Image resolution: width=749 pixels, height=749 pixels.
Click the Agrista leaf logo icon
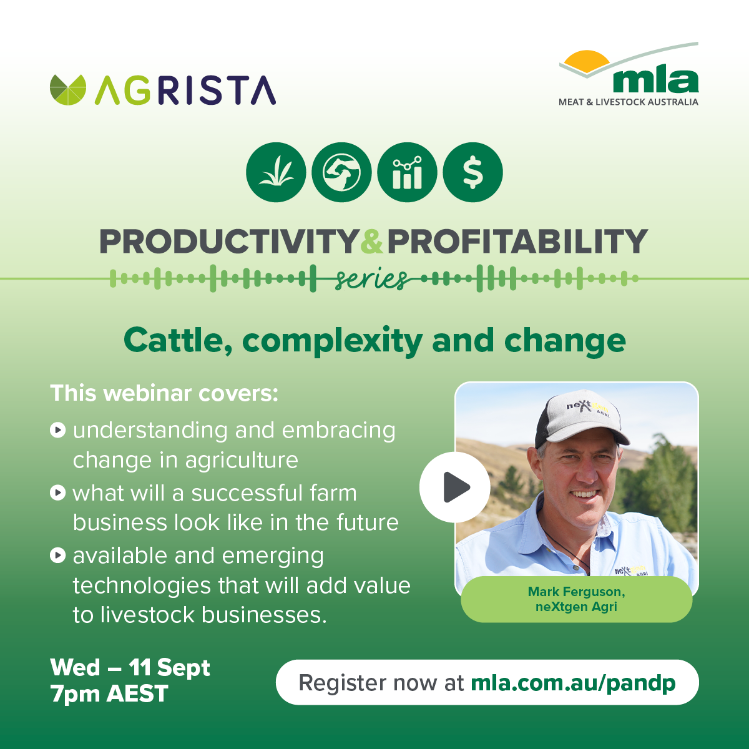pyautogui.click(x=68, y=90)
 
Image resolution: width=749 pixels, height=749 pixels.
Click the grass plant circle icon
pyautogui.click(x=276, y=172)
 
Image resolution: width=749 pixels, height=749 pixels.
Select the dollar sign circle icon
pyautogui.click(x=472, y=172)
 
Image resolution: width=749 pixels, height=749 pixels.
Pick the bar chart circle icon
pyautogui.click(x=407, y=172)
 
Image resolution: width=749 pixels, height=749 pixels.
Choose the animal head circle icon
pyautogui.click(x=341, y=172)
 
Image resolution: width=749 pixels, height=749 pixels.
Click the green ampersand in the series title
pyautogui.click(x=372, y=242)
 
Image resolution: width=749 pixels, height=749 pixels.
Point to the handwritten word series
pyautogui.click(x=371, y=279)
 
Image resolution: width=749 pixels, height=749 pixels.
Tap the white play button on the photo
pyautogui.click(x=455, y=487)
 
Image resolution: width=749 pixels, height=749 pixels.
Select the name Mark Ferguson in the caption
pyautogui.click(x=577, y=592)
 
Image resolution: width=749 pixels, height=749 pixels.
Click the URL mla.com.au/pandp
pyautogui.click(x=573, y=683)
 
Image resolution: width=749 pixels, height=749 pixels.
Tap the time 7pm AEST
pyautogui.click(x=109, y=694)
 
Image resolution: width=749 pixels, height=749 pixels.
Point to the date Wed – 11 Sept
pyautogui.click(x=130, y=668)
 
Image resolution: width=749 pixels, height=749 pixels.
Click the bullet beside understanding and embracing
pyautogui.click(x=57, y=430)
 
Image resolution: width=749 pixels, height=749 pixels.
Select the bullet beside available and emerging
pyautogui.click(x=57, y=555)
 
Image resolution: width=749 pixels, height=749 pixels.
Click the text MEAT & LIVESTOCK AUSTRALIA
pyautogui.click(x=628, y=102)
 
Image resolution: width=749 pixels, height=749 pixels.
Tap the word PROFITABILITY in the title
pyautogui.click(x=517, y=242)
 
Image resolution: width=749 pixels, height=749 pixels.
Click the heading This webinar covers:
pyautogui.click(x=164, y=393)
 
